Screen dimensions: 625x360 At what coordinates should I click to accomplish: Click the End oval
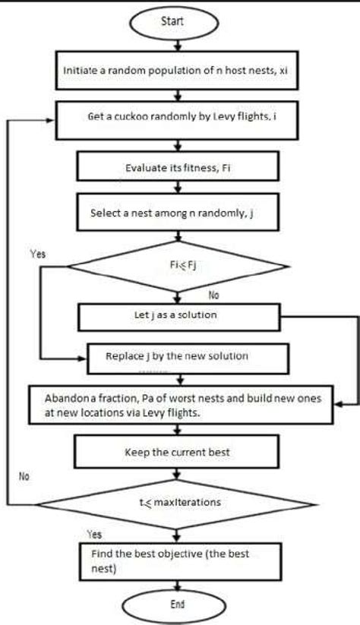[x=177, y=606]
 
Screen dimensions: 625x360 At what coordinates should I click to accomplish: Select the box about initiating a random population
[x=177, y=68]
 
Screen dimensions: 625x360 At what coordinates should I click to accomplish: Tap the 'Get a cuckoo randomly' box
[x=177, y=118]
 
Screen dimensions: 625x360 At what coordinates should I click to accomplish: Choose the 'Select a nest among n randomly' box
[x=177, y=213]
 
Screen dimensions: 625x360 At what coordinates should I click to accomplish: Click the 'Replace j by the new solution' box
[x=188, y=356]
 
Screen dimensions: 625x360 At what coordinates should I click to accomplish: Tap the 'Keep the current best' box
[x=177, y=452]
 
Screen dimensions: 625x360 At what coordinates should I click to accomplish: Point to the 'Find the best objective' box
[x=177, y=560]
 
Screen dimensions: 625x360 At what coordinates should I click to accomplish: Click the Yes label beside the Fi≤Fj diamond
[x=37, y=254]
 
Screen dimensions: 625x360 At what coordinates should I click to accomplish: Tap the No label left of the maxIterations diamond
[x=24, y=476]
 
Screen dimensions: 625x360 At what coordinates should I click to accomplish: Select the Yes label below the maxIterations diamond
[x=94, y=533]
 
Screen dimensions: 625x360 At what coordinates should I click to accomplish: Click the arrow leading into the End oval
[x=177, y=586]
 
